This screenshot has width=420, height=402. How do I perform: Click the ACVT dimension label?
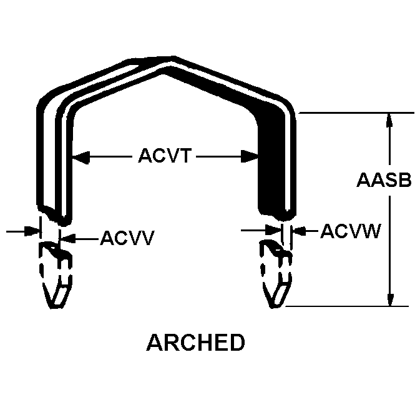pyautogui.click(x=165, y=156)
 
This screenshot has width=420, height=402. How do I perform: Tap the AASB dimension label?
pyautogui.click(x=384, y=180)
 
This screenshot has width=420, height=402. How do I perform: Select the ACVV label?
pyautogui.click(x=127, y=238)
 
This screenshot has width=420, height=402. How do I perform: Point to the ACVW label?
pyautogui.click(x=350, y=231)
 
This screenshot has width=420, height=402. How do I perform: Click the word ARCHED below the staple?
pyautogui.click(x=195, y=343)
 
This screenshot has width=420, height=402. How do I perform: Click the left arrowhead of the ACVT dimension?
pyautogui.click(x=81, y=157)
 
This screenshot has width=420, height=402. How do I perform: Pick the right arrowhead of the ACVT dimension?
pyautogui.click(x=250, y=156)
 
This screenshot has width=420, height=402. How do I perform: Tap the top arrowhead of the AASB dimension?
pyautogui.click(x=389, y=120)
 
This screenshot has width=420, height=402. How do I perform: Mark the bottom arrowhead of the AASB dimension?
pyautogui.click(x=391, y=298)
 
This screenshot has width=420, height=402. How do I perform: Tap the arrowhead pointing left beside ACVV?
pyautogui.click(x=67, y=238)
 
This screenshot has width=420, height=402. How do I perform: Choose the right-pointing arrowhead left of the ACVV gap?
pyautogui.click(x=32, y=231)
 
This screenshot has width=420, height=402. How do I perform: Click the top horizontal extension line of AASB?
pyautogui.click(x=356, y=113)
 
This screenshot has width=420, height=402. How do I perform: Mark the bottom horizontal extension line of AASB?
pyautogui.click(x=347, y=306)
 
